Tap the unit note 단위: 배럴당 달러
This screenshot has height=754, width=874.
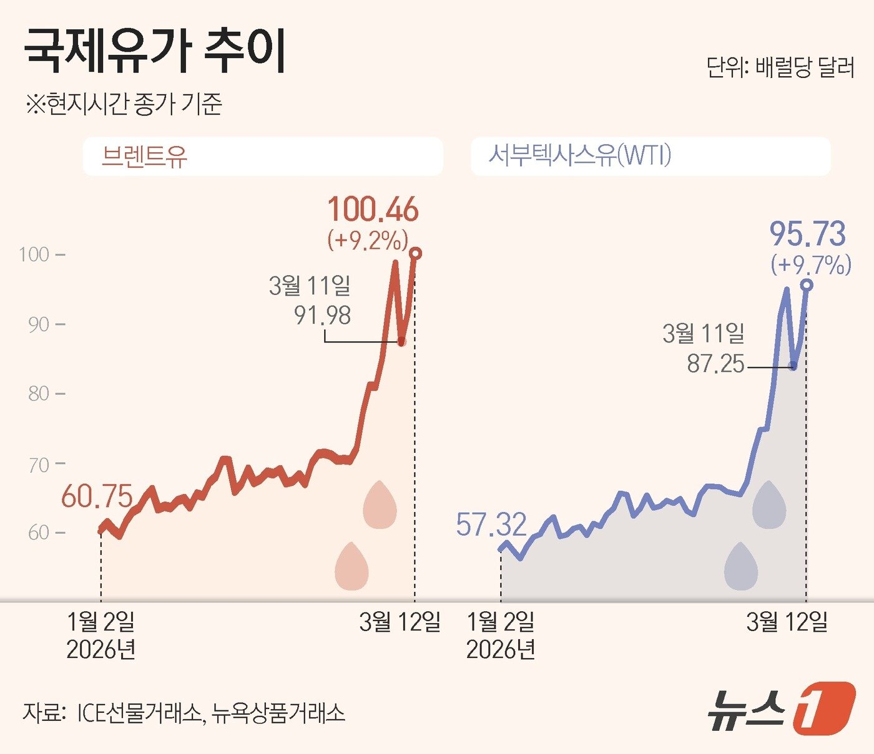[x=780, y=67]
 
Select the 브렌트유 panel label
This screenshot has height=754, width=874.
[x=144, y=156]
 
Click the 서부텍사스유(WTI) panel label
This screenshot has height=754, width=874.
[x=579, y=155]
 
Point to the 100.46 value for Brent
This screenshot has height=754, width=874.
[x=373, y=210]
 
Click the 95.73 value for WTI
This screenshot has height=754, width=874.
[x=807, y=234]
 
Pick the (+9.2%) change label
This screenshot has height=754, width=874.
[x=368, y=240]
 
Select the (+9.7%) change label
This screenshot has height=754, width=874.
[x=811, y=265]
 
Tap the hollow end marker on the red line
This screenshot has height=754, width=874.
[x=416, y=253]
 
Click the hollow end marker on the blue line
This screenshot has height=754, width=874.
[x=807, y=285]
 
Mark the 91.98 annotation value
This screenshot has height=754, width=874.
[x=322, y=316]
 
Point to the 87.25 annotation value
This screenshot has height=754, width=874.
[x=715, y=364]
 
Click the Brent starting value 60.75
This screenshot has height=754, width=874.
[x=97, y=496]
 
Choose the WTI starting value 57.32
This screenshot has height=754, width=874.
[x=491, y=524]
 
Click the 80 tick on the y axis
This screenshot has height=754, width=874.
[x=39, y=394]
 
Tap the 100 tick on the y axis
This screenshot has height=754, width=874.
[x=34, y=254]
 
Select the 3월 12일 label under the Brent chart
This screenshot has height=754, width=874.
[x=400, y=622]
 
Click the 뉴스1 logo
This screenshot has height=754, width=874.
[x=780, y=708]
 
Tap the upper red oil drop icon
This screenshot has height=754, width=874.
[x=380, y=505]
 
